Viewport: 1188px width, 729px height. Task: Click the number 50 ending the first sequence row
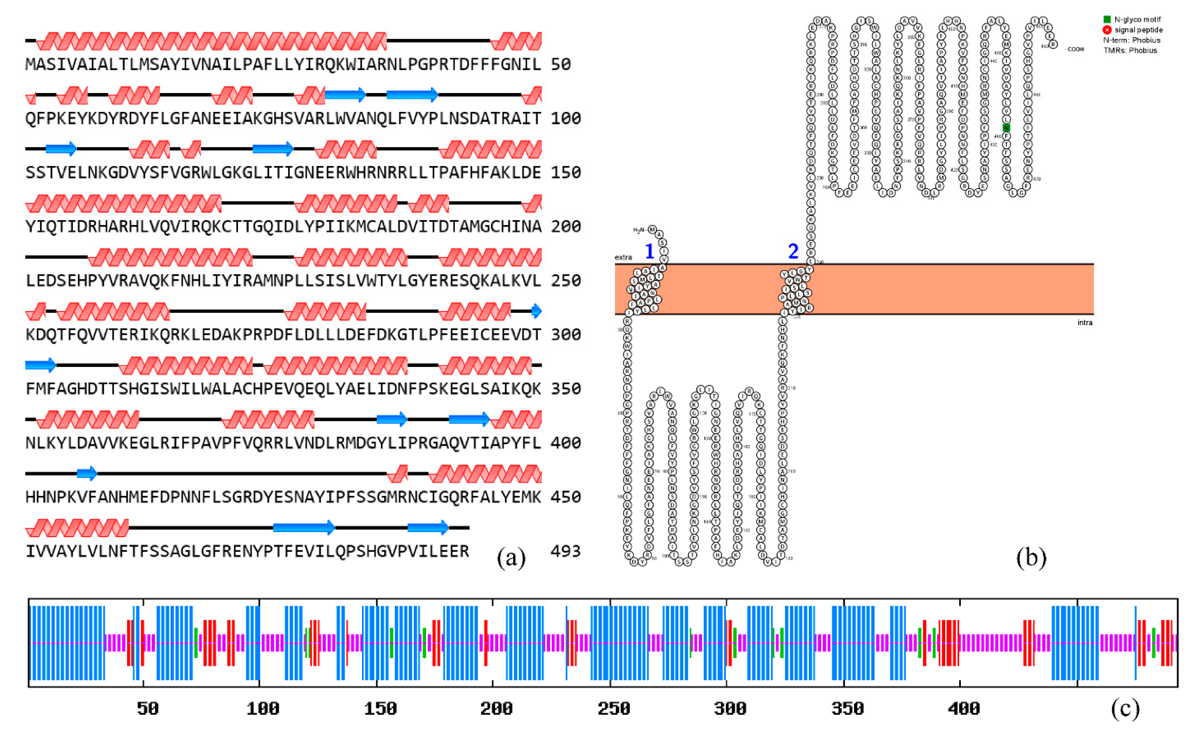click(x=560, y=64)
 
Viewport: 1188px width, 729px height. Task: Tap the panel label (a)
click(x=511, y=558)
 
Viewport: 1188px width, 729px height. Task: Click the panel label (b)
click(x=1031, y=558)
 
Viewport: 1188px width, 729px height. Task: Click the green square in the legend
click(x=1107, y=19)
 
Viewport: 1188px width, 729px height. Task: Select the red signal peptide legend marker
click(x=1107, y=30)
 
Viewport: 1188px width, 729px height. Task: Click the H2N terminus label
click(x=639, y=230)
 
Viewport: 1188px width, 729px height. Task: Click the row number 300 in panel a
click(x=565, y=335)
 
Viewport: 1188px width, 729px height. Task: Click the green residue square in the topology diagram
click(x=1006, y=128)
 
